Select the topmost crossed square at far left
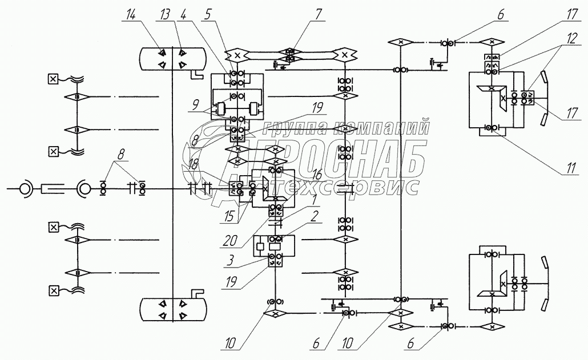pos(53,79)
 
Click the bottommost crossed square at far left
pos(53,292)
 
